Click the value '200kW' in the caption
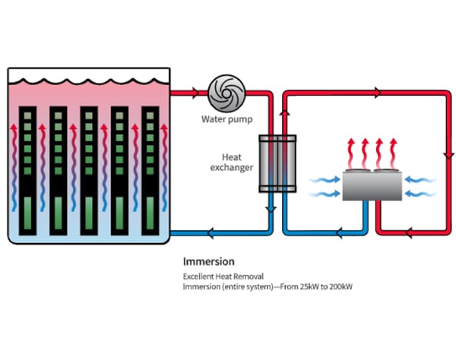[340, 287]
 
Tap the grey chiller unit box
[372, 185]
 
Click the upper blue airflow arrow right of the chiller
[417, 180]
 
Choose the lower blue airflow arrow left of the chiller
[327, 194]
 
